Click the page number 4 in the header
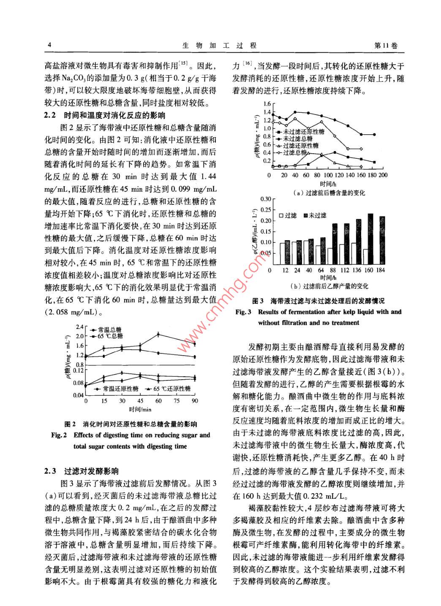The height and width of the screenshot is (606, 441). [x=49, y=46]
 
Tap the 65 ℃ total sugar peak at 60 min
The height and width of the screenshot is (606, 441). [x=158, y=334]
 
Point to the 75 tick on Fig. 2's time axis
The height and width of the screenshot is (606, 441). [x=177, y=401]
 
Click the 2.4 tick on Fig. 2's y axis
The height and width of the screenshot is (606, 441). [x=80, y=327]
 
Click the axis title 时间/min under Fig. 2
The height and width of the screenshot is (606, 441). [x=140, y=409]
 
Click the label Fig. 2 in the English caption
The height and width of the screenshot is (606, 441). [x=59, y=435]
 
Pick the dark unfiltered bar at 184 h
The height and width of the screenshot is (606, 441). [x=382, y=239]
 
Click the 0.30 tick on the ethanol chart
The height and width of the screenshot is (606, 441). [x=265, y=199]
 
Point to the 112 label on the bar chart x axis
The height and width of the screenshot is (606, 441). [x=345, y=270]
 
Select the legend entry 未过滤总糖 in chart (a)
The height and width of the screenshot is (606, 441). [x=297, y=139]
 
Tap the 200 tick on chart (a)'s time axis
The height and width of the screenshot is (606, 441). [x=383, y=175]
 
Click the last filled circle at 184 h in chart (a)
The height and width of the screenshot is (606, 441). [x=374, y=135]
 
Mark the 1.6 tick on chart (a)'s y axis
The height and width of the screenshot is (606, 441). [x=267, y=104]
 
